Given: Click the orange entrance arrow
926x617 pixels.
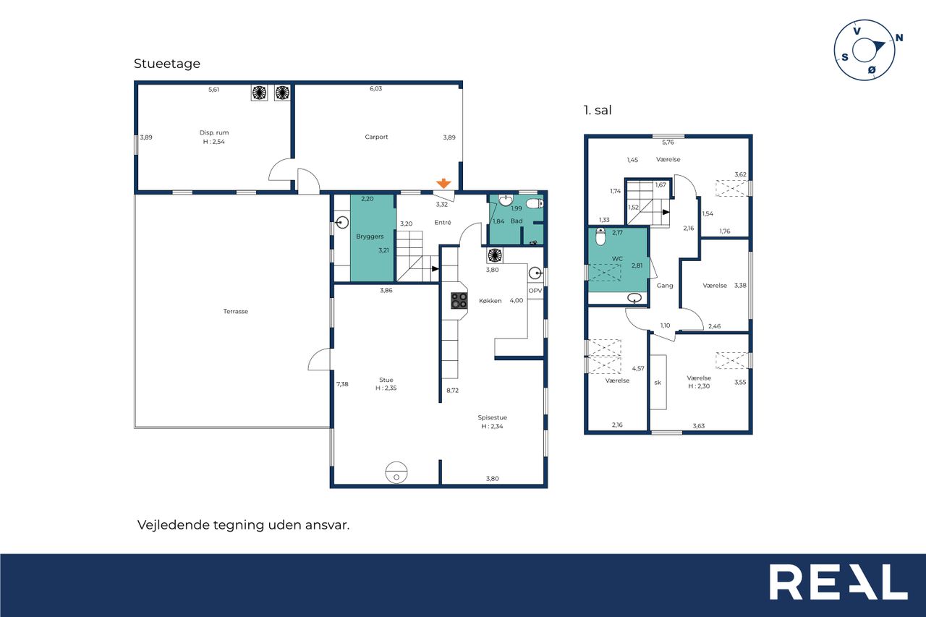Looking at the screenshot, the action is click(x=443, y=183).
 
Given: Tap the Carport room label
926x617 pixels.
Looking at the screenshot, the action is click(x=376, y=137).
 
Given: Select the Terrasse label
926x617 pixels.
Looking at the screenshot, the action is click(x=236, y=311).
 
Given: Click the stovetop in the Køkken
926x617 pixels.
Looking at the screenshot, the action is click(x=459, y=300).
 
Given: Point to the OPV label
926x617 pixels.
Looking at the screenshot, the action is click(x=535, y=291).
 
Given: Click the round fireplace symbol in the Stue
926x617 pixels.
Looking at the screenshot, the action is click(x=396, y=472).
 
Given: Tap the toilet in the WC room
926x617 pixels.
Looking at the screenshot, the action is click(x=600, y=236).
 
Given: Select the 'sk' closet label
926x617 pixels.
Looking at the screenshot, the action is click(x=658, y=383).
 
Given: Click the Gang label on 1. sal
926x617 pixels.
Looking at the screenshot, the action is click(x=665, y=286).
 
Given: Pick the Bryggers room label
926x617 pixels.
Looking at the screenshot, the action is click(x=370, y=237).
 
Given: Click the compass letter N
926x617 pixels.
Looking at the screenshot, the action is click(x=899, y=38).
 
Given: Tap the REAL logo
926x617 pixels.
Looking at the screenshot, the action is click(x=838, y=582).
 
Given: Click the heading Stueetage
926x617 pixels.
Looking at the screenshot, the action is click(x=167, y=64).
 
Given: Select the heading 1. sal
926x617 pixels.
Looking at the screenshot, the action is click(x=598, y=110).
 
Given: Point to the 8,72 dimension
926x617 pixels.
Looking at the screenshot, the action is click(x=452, y=390).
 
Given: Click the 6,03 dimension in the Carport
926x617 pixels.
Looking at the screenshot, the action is click(x=375, y=88).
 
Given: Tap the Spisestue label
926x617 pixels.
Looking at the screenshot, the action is click(x=492, y=417).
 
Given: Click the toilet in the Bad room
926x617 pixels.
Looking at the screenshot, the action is click(x=535, y=203).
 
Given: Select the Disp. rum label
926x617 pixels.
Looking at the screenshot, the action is click(x=213, y=132).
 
